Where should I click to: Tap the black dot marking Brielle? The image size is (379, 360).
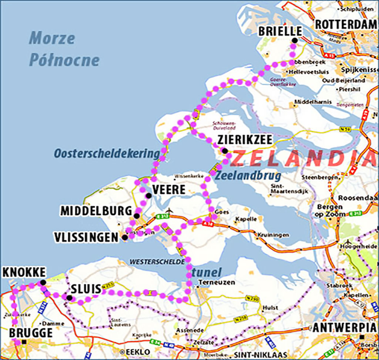pyautogui.click(x=294, y=41)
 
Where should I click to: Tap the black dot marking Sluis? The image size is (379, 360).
pyautogui.click(x=69, y=298)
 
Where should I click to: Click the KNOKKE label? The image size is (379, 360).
pyautogui.click(x=24, y=272)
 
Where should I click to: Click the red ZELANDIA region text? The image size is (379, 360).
pyautogui.click(x=298, y=159)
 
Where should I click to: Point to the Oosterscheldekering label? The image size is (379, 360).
pyautogui.click(x=105, y=153)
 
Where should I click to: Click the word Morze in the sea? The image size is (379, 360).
pyautogui.click(x=52, y=38)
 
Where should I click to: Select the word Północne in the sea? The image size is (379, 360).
pyautogui.click(x=64, y=60)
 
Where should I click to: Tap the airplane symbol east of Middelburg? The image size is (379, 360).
pyautogui.click(x=170, y=211)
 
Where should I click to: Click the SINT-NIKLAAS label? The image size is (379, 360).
pyautogui.click(x=257, y=354)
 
